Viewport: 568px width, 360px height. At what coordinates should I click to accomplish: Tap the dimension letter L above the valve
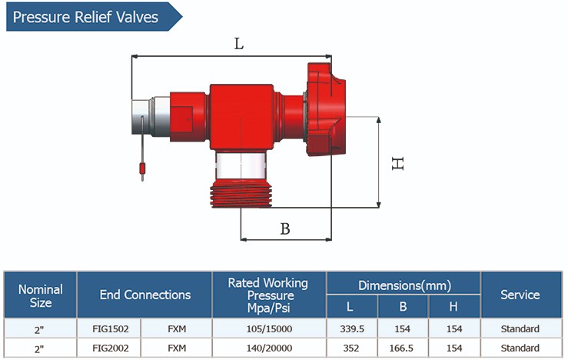[239, 44]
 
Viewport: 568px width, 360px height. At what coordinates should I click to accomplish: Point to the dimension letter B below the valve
[284, 228]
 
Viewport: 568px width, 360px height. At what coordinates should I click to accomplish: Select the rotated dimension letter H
[397, 163]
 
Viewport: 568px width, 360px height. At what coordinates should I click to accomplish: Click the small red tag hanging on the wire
[142, 168]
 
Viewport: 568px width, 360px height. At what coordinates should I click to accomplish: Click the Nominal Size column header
[40, 295]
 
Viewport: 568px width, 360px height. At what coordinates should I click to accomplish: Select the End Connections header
[144, 295]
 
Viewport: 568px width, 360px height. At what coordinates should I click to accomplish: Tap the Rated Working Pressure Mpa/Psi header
[268, 295]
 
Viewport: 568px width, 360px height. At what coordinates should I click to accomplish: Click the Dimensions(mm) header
[404, 285]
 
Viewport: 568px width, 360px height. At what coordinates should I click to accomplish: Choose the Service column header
[520, 295]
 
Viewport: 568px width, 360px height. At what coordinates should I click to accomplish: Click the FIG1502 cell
[111, 328]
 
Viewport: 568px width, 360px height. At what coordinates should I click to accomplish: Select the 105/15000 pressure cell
[268, 328]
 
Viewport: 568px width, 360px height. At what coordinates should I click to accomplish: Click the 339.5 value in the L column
[350, 328]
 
